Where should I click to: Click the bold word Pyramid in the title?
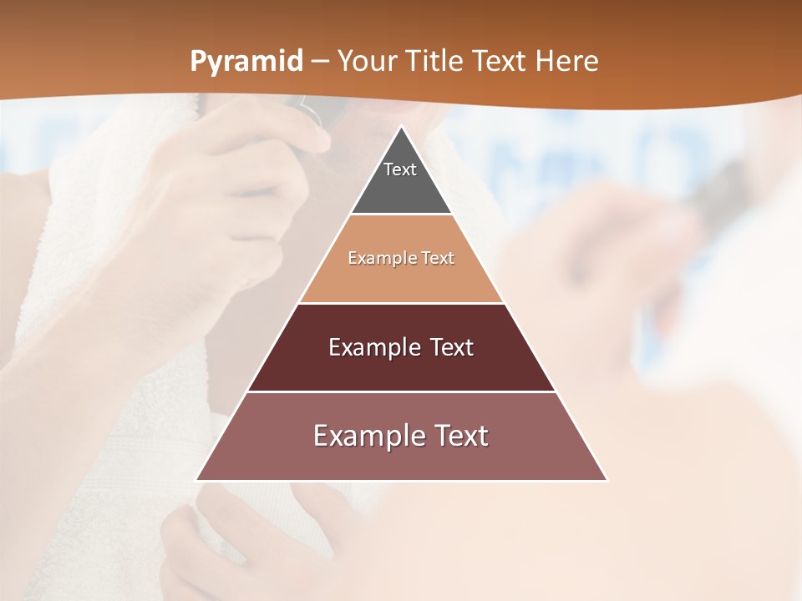tap(246, 62)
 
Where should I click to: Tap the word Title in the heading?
tap(434, 62)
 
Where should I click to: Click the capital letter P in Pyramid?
tap(198, 62)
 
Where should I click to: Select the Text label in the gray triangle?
tap(400, 169)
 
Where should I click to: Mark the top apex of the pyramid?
tap(401, 127)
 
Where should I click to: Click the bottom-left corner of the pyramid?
tap(197, 480)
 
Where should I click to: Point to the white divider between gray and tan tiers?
tap(401, 215)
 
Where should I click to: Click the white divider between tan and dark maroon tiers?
tap(401, 303)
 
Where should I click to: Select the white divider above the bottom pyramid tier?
tap(401, 391)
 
